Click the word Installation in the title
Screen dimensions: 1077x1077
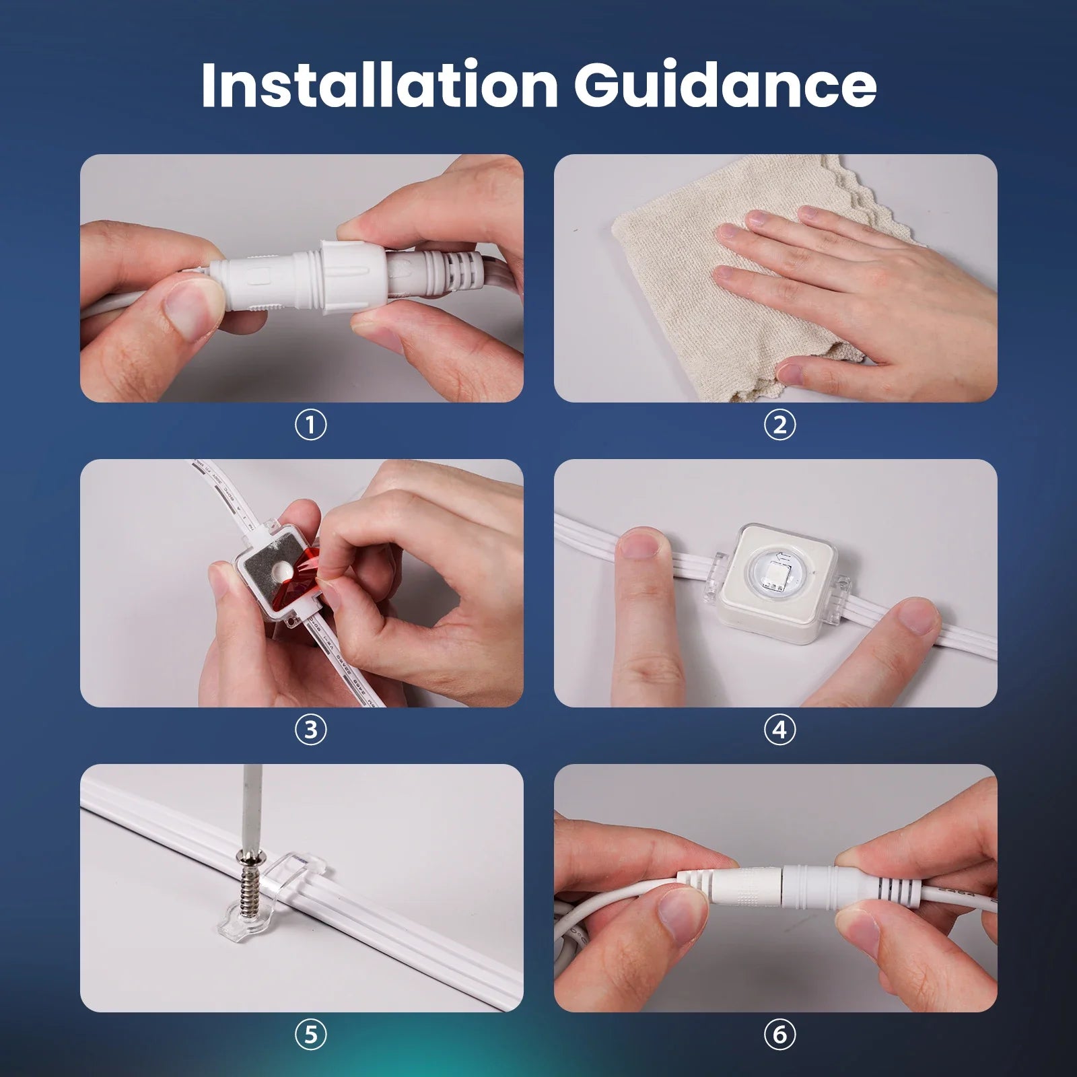point(379,85)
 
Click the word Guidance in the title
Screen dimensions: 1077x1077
point(725,85)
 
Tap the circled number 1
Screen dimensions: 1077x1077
point(310,425)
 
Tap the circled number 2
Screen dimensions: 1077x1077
point(779,425)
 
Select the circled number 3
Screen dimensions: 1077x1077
point(310,730)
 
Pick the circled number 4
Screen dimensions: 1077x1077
point(779,730)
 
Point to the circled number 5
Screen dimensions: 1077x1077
point(310,1034)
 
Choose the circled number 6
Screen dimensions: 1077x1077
point(779,1034)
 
